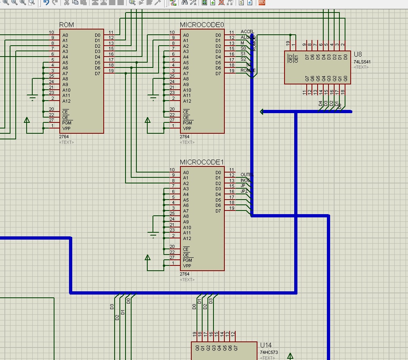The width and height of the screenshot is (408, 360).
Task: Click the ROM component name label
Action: (67, 25)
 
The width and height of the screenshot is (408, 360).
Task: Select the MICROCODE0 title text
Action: (201, 25)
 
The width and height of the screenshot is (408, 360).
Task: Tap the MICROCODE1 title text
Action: (201, 162)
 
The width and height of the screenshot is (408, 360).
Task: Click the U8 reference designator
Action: (358, 55)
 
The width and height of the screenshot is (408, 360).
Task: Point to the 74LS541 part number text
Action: (362, 62)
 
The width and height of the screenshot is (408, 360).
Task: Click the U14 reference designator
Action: (266, 345)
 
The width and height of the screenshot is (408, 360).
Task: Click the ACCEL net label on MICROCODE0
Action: (247, 32)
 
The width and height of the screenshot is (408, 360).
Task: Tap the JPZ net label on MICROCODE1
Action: (244, 191)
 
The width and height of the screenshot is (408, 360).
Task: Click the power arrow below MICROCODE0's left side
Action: (147, 120)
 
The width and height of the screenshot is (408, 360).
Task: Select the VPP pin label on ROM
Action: (66, 128)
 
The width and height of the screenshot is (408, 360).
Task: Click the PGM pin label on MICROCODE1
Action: (187, 260)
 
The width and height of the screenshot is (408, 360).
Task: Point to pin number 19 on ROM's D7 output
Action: (111, 71)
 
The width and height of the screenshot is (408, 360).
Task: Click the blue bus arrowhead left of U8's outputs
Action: (262, 112)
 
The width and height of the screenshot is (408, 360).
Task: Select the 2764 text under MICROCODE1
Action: (184, 274)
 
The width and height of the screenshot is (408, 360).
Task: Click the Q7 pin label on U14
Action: (235, 347)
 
